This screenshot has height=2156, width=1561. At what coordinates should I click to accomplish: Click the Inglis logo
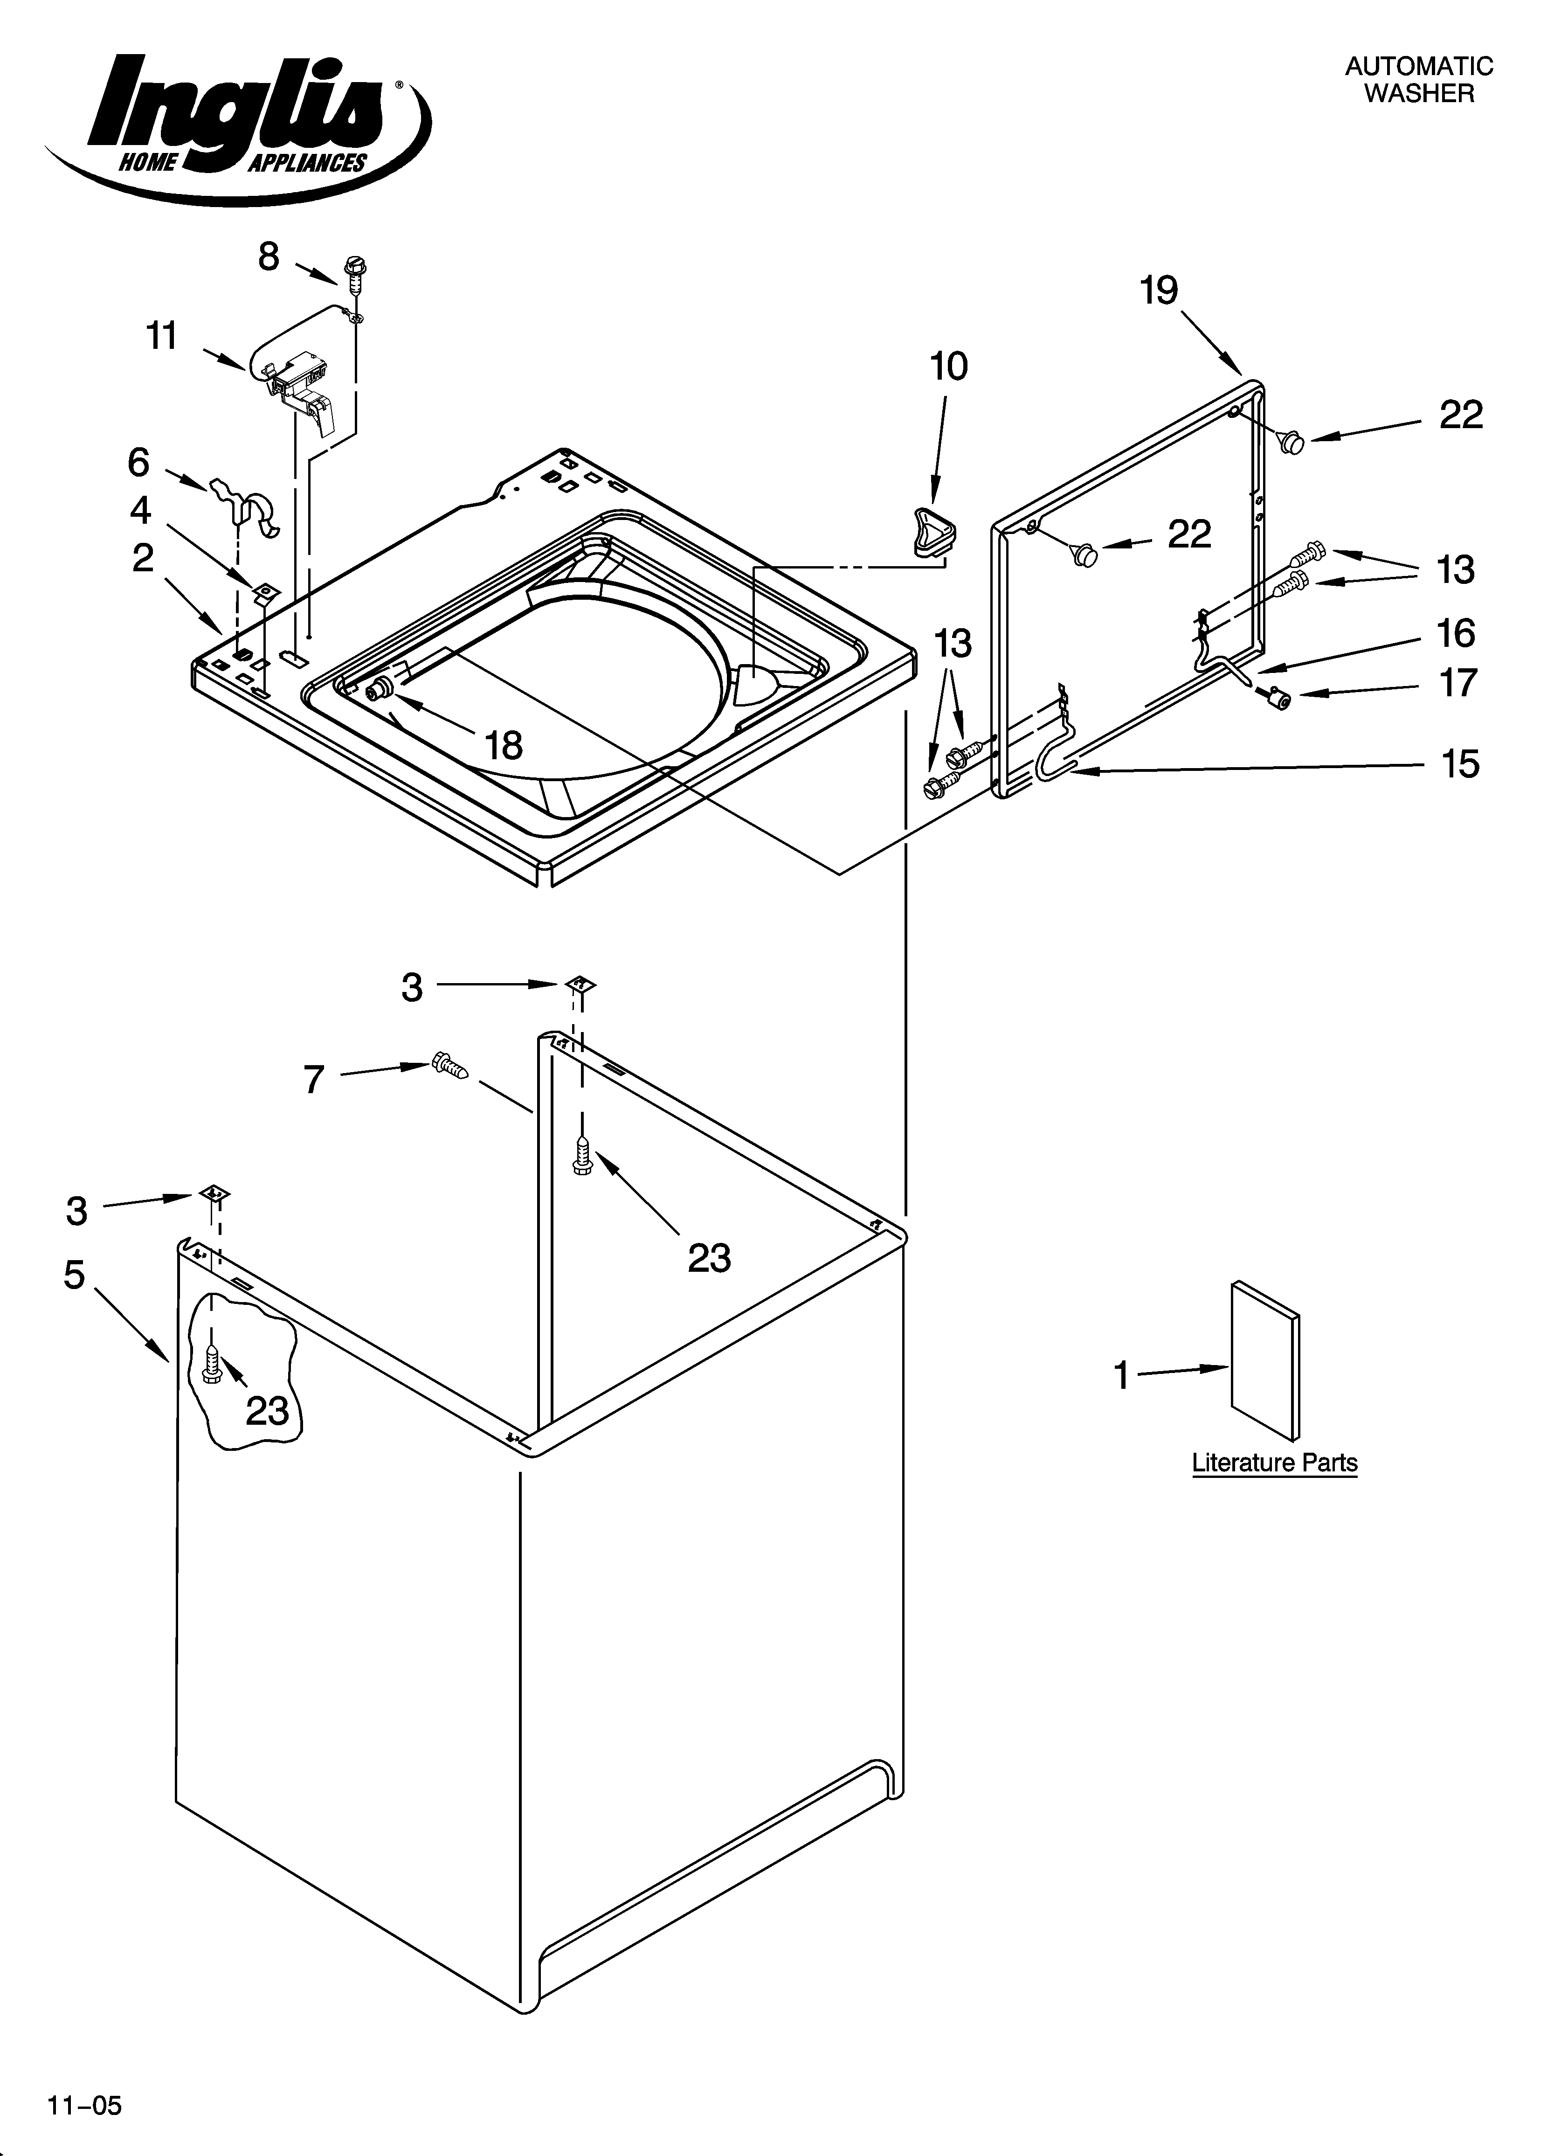coord(238,124)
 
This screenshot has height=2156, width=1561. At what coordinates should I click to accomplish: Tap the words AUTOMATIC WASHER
coord(1418,80)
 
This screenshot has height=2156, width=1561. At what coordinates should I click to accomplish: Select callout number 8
coord(269,257)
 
